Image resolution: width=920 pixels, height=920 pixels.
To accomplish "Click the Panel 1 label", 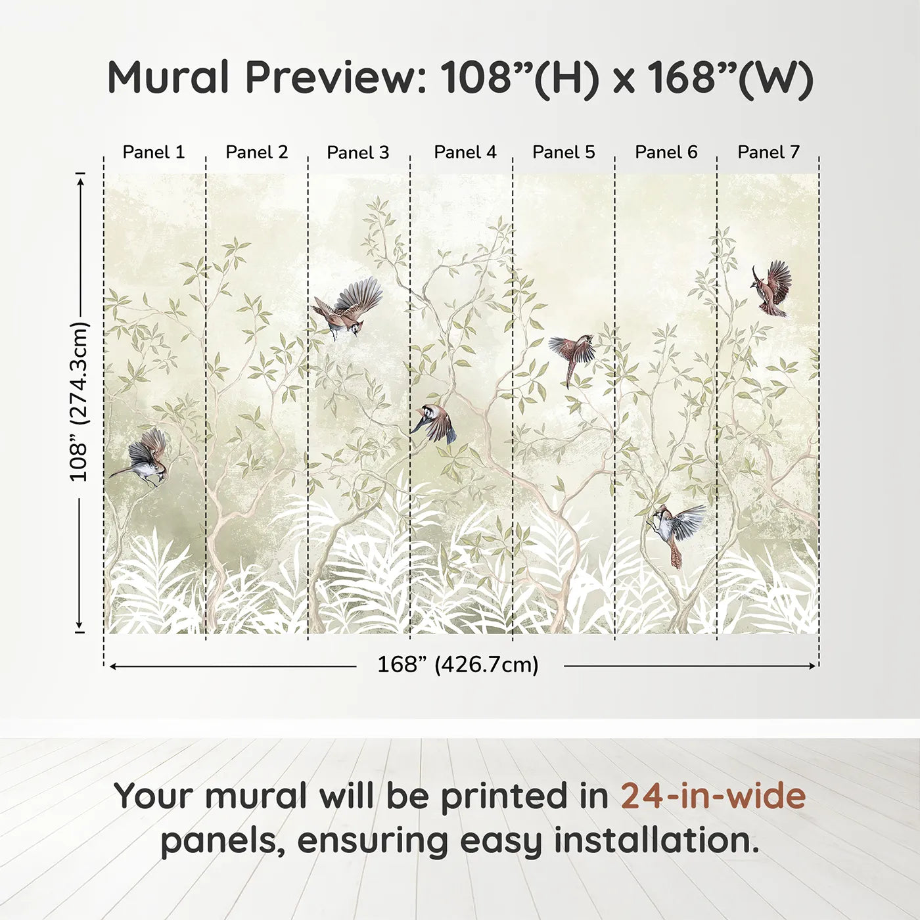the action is [153, 152].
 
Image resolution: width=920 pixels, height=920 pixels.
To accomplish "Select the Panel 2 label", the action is [257, 152].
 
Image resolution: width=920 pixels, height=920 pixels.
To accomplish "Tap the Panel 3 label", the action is [358, 152].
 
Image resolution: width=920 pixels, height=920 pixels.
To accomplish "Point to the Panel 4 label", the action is [465, 152].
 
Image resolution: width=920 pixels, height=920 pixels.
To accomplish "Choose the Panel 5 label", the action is [564, 152].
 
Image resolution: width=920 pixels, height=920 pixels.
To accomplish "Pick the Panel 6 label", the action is [666, 152].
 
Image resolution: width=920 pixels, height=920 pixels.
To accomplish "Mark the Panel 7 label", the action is [768, 152].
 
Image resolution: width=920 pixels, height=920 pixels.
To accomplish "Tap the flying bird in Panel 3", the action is [348, 308].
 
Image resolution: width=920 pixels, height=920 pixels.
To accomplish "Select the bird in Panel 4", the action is [434, 423].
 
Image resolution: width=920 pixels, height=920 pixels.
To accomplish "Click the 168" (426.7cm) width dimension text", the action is [458, 664].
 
